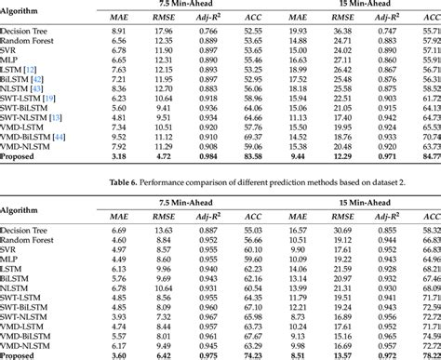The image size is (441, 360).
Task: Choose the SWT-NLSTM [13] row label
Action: pyautogui.click(x=33, y=117)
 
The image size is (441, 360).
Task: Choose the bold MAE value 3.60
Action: pyautogui.click(x=118, y=354)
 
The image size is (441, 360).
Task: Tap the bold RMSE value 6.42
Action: pyautogui.click(x=164, y=354)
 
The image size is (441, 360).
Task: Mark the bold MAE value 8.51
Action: pyautogui.click(x=300, y=354)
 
